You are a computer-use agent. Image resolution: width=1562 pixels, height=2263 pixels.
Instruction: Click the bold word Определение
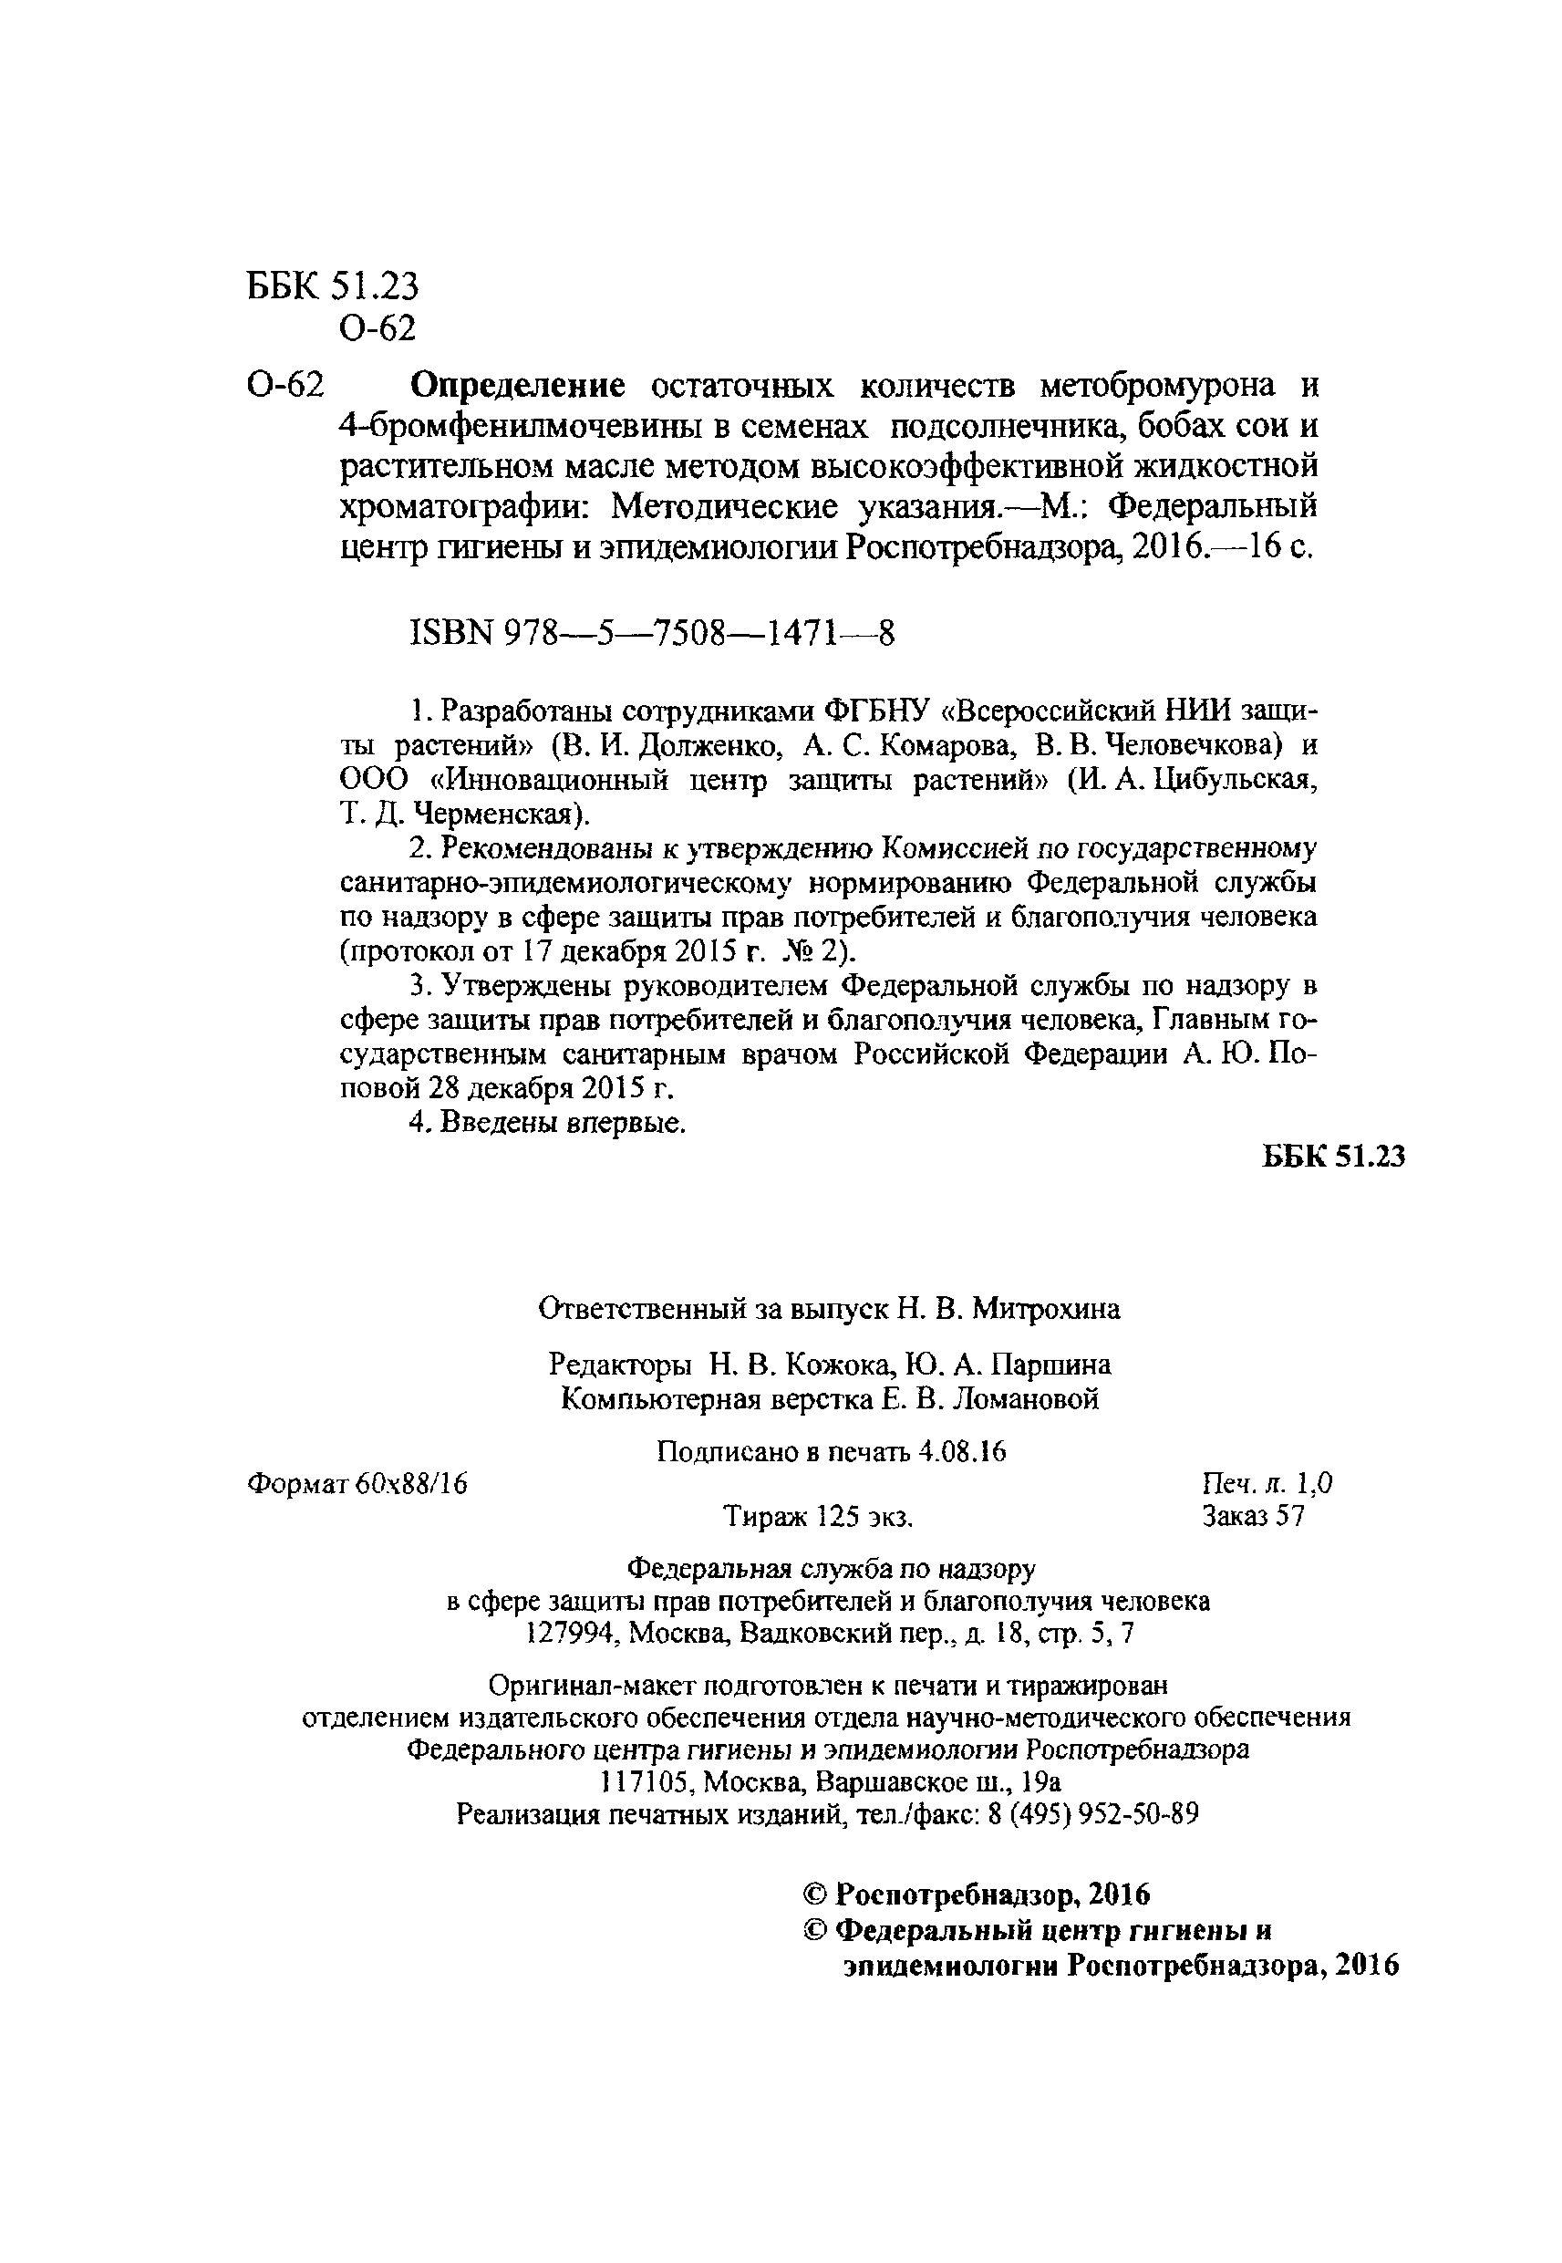517,387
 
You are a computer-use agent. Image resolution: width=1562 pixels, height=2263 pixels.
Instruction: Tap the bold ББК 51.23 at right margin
1333,1156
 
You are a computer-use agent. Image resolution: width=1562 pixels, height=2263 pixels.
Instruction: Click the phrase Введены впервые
562,1123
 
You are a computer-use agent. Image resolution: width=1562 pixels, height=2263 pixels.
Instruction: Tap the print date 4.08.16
963,1451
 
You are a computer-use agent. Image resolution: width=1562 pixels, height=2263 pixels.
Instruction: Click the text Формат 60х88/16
357,1484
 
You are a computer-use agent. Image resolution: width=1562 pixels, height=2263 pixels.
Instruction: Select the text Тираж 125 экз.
818,1516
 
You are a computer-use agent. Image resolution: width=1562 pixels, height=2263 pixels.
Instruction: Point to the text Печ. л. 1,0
1267,1484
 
